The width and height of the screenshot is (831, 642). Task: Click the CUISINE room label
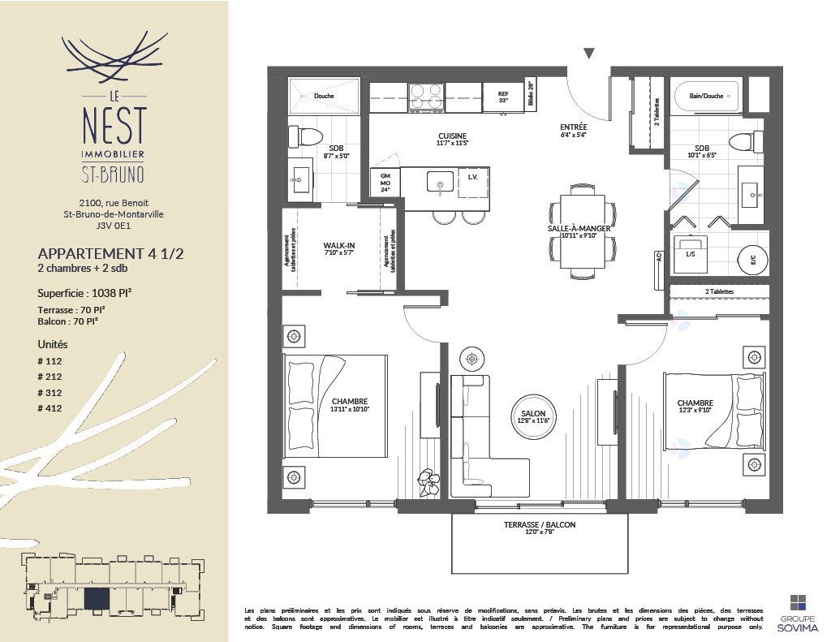pos(452,136)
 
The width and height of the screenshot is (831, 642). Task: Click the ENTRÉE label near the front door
pos(573,127)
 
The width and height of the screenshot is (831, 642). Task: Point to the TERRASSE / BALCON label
pos(539,525)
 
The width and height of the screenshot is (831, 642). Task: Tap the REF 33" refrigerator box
pos(502,97)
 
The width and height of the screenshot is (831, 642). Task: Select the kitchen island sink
pos(440,183)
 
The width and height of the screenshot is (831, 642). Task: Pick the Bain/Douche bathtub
pos(705,96)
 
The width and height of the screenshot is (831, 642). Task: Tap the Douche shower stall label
pos(324,96)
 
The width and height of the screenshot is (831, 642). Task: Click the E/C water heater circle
pos(751,260)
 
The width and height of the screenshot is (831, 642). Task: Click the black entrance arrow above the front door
pos(589,54)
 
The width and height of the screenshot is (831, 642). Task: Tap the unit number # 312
pos(50,393)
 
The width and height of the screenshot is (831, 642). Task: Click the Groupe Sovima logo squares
pos(799,602)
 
